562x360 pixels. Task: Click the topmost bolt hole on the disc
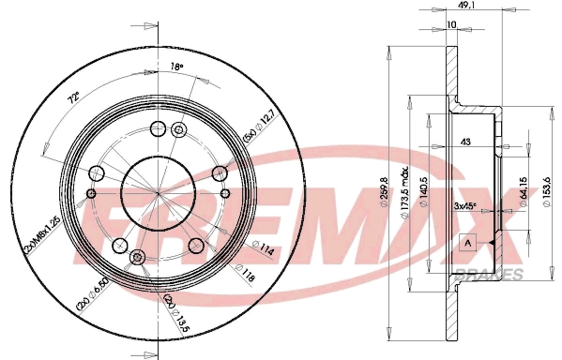[157, 130]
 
